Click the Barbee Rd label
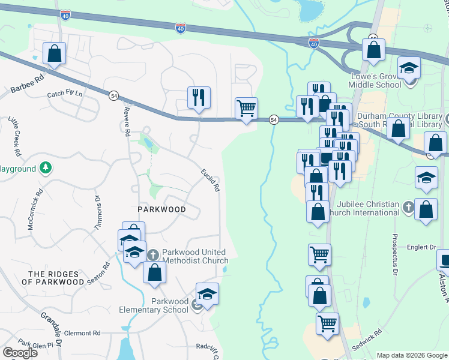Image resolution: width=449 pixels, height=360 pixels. tap(28, 83)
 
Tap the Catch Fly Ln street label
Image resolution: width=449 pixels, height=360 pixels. tap(65, 95)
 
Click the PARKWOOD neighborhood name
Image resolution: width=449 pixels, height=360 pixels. tap(160, 209)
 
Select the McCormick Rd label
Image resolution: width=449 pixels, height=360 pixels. tap(32, 209)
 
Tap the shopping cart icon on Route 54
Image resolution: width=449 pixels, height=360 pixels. tap(246, 109)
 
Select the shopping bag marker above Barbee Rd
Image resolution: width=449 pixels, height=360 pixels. tap(55, 53)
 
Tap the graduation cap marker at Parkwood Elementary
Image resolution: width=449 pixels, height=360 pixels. tap(207, 294)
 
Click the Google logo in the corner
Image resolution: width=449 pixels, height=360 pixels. tap(20, 353)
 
